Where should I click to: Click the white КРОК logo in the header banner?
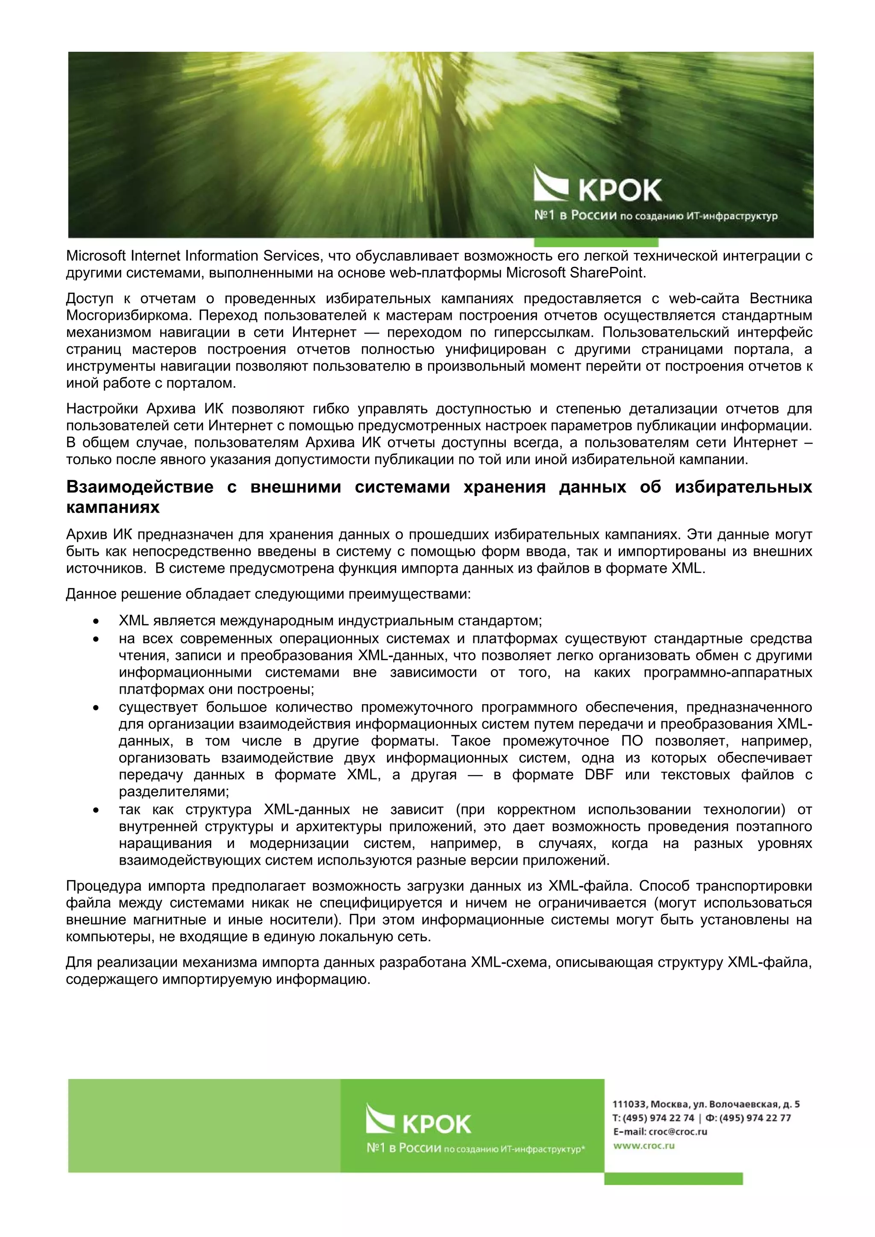(x=597, y=185)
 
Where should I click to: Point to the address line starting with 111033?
(x=706, y=1104)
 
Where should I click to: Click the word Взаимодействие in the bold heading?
(x=140, y=487)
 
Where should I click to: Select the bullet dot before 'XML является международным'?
(x=96, y=621)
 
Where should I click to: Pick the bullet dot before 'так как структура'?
(x=96, y=810)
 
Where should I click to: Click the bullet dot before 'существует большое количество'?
(x=96, y=708)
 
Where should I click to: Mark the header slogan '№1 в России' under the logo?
(x=575, y=216)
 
